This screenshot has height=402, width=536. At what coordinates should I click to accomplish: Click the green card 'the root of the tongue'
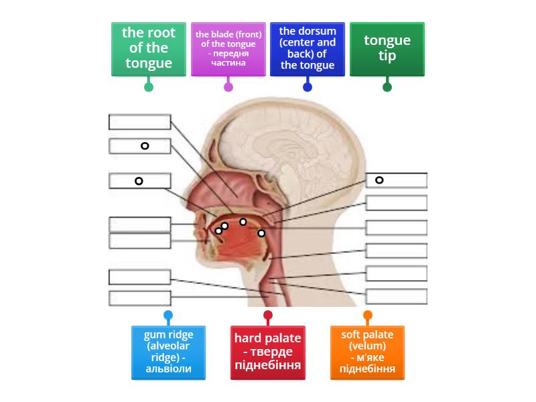click(149, 48)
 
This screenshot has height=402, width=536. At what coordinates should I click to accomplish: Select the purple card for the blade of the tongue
click(228, 48)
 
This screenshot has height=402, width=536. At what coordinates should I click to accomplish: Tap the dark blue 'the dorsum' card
click(308, 48)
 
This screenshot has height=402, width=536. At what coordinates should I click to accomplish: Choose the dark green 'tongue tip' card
click(387, 48)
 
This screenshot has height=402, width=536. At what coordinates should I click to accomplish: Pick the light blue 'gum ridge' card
click(168, 352)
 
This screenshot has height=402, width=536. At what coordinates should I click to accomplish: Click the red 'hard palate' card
click(267, 352)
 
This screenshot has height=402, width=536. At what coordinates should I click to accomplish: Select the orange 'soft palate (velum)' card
click(367, 352)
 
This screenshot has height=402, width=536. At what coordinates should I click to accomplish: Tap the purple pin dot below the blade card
click(228, 86)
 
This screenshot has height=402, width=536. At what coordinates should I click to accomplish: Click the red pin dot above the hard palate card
click(268, 315)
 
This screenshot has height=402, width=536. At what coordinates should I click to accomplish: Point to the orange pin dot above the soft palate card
click(368, 315)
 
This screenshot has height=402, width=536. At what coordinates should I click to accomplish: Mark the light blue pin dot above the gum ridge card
click(168, 315)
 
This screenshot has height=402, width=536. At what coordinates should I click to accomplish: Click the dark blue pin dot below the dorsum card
click(308, 86)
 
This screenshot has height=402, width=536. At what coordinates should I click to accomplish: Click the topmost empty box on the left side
click(140, 122)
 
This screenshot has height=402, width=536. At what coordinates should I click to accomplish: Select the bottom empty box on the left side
click(140, 297)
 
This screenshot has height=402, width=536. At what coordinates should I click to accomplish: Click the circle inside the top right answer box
click(379, 180)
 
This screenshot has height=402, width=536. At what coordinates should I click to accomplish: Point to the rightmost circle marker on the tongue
click(261, 233)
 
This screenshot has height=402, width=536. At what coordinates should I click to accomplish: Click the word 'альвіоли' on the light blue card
click(168, 368)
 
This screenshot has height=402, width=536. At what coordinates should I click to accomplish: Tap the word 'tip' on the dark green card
click(387, 56)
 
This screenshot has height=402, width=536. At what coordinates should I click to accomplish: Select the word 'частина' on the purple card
click(228, 63)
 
